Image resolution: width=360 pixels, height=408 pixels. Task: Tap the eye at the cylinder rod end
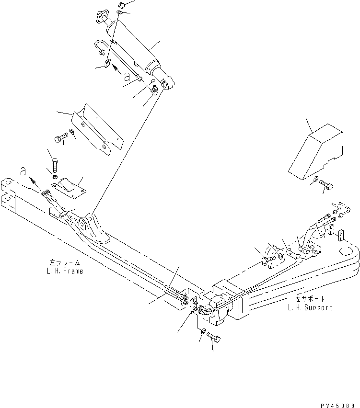click(166, 84)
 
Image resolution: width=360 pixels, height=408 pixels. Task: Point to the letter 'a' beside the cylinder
click(126, 76)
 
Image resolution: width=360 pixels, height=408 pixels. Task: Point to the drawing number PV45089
click(337, 404)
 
